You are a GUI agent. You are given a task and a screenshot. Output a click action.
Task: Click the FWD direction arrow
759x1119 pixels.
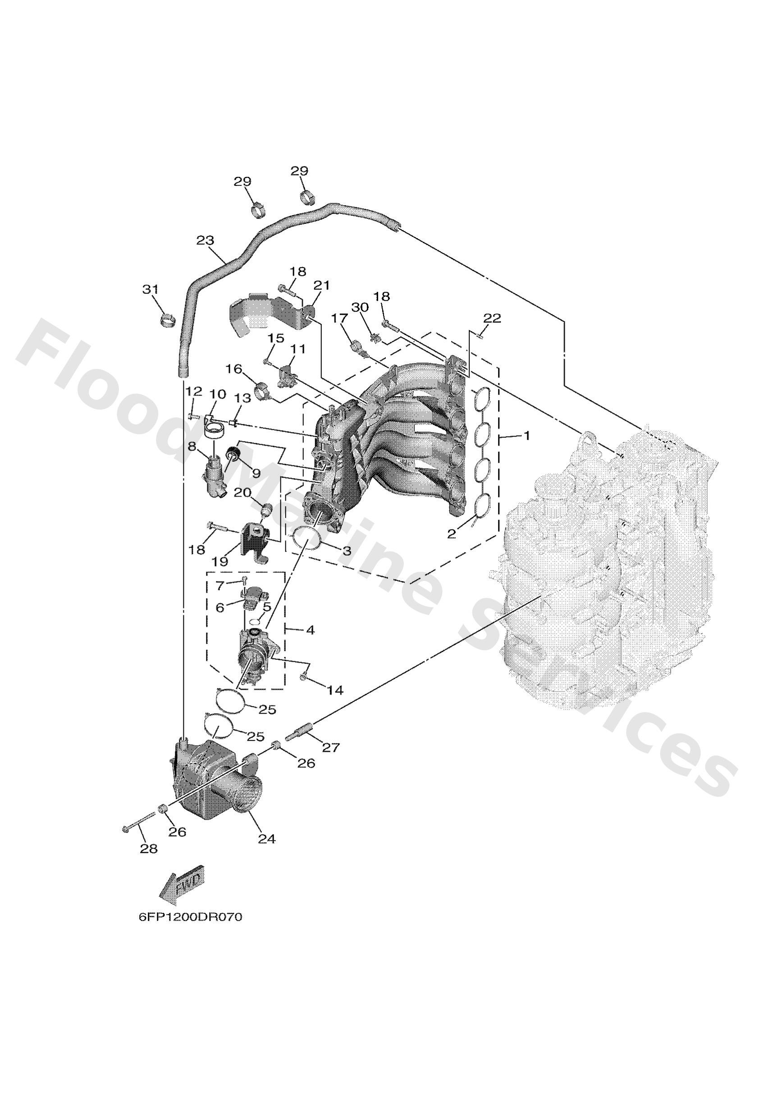[182, 884]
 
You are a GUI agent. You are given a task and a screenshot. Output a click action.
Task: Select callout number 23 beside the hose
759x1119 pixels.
[206, 240]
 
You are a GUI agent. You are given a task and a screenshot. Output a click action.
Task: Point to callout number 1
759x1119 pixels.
[526, 436]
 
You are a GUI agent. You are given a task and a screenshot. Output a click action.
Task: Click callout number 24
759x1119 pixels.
[267, 838]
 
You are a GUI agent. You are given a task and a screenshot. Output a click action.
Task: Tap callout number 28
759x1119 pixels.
[149, 849]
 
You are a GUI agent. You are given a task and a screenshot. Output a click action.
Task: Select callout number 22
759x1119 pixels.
[492, 318]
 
